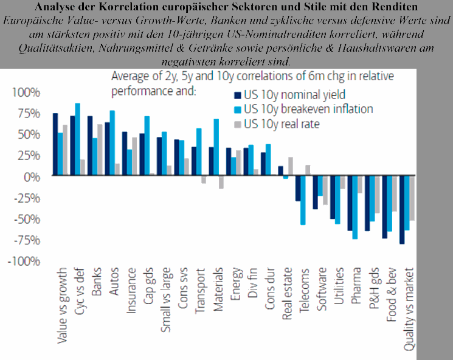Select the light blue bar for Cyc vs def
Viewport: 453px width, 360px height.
click(x=77, y=139)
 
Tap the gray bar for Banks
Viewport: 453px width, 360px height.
click(x=100, y=150)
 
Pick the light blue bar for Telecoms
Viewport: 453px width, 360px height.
click(x=303, y=200)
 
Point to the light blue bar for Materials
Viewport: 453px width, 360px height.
click(x=216, y=147)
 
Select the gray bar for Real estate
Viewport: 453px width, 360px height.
click(x=291, y=166)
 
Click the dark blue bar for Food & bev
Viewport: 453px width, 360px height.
click(x=384, y=207)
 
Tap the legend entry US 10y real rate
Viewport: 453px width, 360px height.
click(x=282, y=125)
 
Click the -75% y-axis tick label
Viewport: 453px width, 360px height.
click(x=25, y=240)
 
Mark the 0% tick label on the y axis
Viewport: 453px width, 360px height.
click(x=30, y=176)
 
